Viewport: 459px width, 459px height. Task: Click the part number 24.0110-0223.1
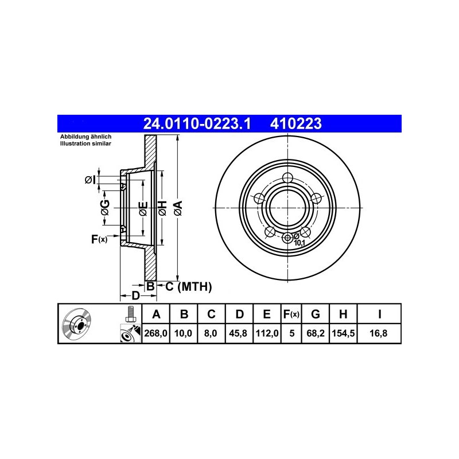tap(197, 123)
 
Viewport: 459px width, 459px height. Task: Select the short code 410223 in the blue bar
tap(295, 123)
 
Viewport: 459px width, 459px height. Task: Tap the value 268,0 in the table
tap(155, 333)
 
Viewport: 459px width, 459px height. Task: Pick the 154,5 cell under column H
tap(343, 333)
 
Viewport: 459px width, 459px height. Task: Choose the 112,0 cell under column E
tap(267, 333)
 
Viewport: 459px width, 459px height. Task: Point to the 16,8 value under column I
tap(379, 333)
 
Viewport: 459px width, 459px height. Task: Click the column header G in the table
tap(315, 314)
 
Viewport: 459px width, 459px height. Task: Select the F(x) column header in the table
tap(291, 314)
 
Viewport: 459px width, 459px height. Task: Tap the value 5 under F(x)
tap(292, 333)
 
